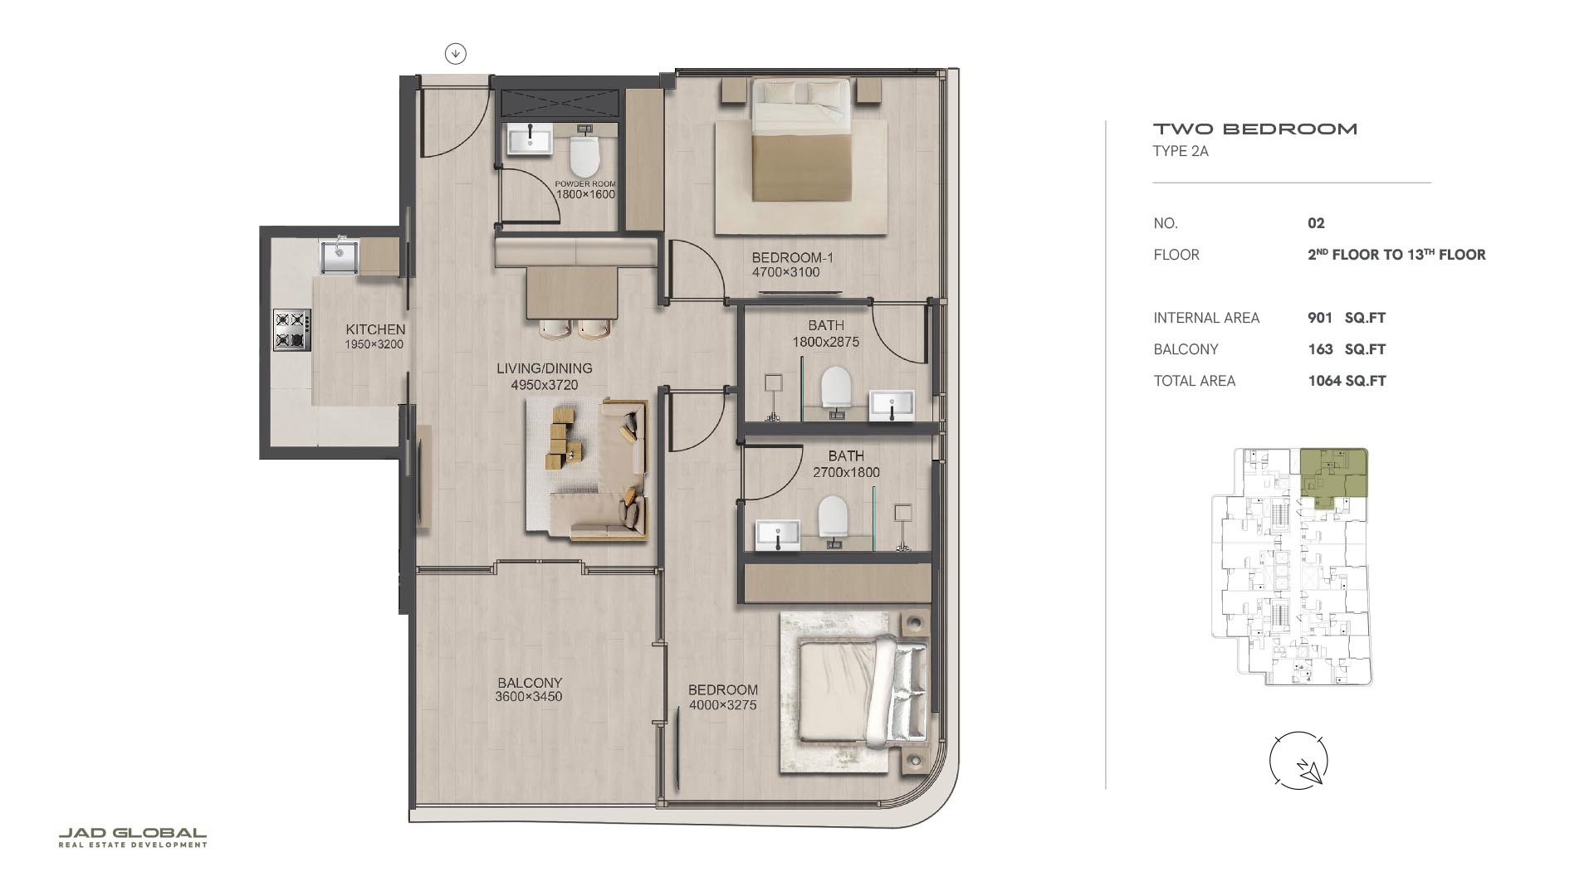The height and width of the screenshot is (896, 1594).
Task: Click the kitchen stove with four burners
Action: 292,329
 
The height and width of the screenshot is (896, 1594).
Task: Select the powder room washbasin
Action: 530,139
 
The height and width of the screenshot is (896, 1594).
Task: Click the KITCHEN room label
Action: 375,329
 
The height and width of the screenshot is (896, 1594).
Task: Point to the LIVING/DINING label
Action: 544,368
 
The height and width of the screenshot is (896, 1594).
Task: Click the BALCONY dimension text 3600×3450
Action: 529,697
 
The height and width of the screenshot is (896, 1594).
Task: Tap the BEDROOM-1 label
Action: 792,258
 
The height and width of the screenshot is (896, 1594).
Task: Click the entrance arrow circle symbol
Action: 455,54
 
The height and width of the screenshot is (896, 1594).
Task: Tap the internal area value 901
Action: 1319,318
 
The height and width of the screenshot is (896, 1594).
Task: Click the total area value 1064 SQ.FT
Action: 1347,381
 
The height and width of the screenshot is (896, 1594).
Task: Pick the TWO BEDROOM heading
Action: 1254,129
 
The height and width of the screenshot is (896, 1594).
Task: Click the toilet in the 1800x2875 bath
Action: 836,387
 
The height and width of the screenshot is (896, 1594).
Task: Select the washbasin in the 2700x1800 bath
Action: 778,532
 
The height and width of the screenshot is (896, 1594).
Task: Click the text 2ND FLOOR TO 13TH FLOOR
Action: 1396,255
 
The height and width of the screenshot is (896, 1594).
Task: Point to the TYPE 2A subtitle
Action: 1180,151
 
